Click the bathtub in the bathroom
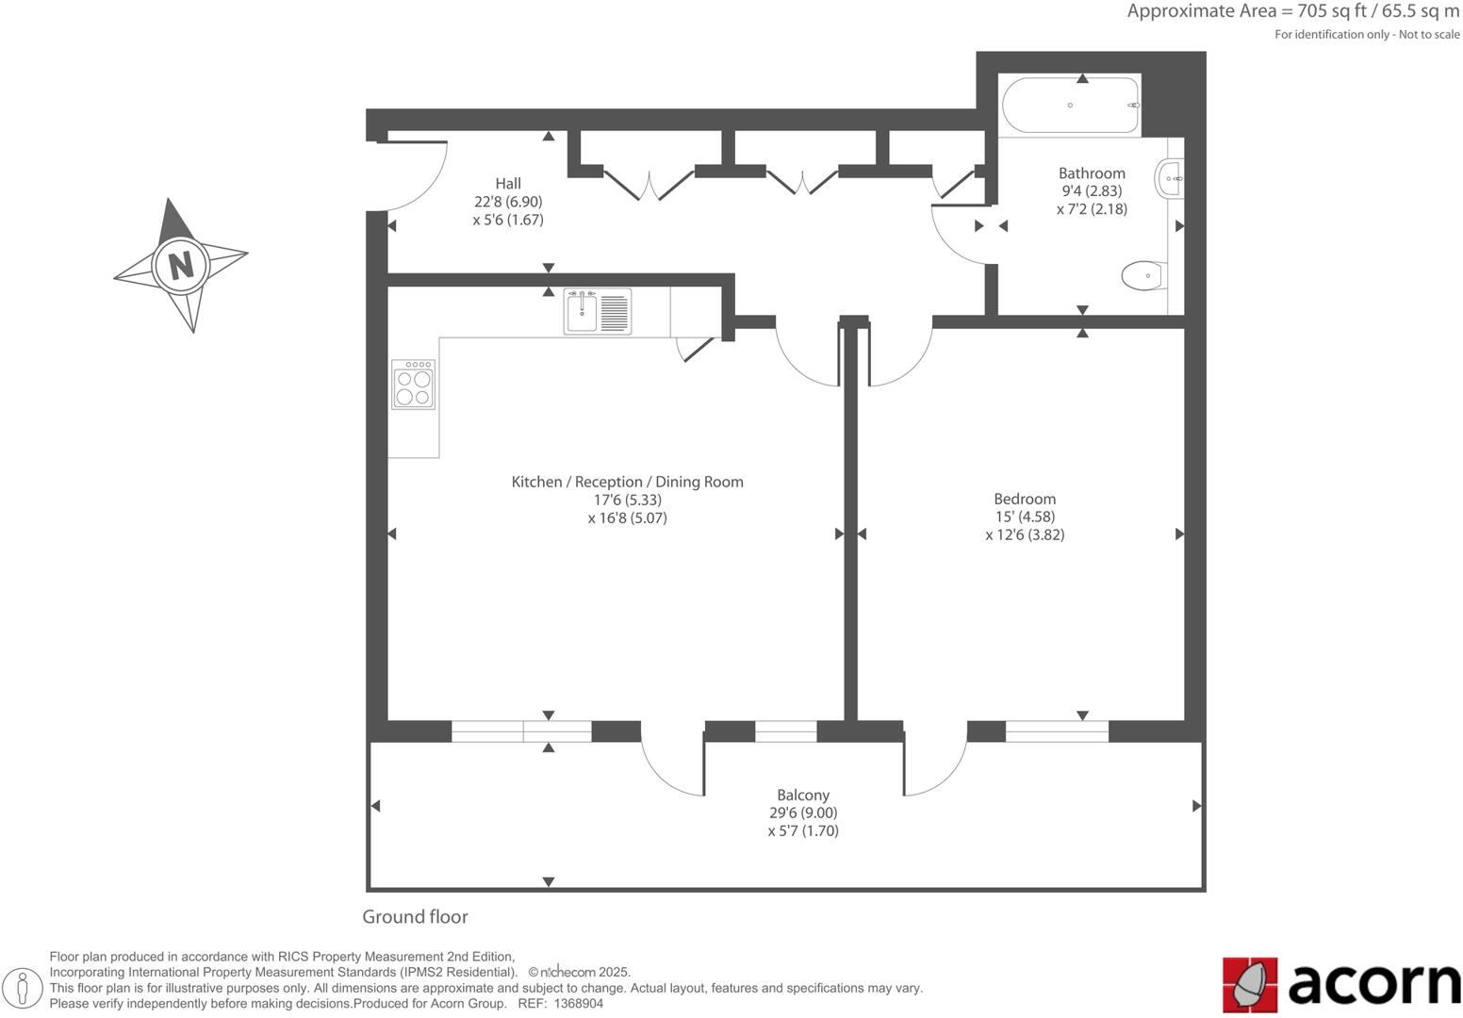pos(1070,106)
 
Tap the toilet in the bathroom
pos(1143,276)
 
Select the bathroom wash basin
pos(1169,177)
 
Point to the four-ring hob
pos(414,385)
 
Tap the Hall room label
pos(508,184)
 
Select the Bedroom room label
pos(1025,499)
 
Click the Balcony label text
pos(803,795)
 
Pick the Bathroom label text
pos(1092,173)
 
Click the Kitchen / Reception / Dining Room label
pos(627,482)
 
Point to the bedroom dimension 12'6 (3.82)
pos(1025,534)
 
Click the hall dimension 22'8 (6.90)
pos(508,202)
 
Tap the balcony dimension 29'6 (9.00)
pos(803,813)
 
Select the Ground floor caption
pos(415,917)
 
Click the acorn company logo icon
pos(1250,985)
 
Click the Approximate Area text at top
pos(1292,12)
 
